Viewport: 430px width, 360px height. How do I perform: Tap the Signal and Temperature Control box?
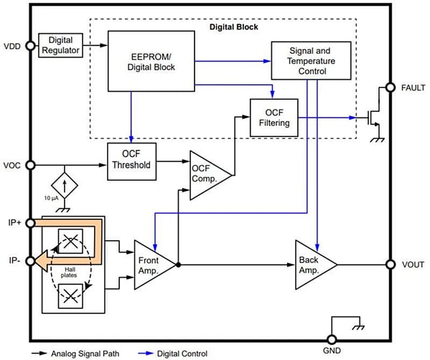click(311, 60)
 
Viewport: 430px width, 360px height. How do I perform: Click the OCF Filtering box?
click(273, 116)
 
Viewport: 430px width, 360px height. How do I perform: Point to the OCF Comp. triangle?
click(207, 172)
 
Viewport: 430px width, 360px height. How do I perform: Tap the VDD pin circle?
click(30, 46)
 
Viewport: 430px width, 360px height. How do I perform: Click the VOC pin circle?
click(30, 165)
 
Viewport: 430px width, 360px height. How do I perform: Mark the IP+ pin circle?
click(30, 223)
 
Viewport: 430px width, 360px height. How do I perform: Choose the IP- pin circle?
click(30, 260)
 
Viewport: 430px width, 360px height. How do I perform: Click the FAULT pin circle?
click(391, 87)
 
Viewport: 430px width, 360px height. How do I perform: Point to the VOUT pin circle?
click(391, 263)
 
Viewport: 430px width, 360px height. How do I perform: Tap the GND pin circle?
click(332, 341)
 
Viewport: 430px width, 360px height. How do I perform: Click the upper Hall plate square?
click(70, 242)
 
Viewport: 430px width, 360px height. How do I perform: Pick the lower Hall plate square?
click(70, 293)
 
